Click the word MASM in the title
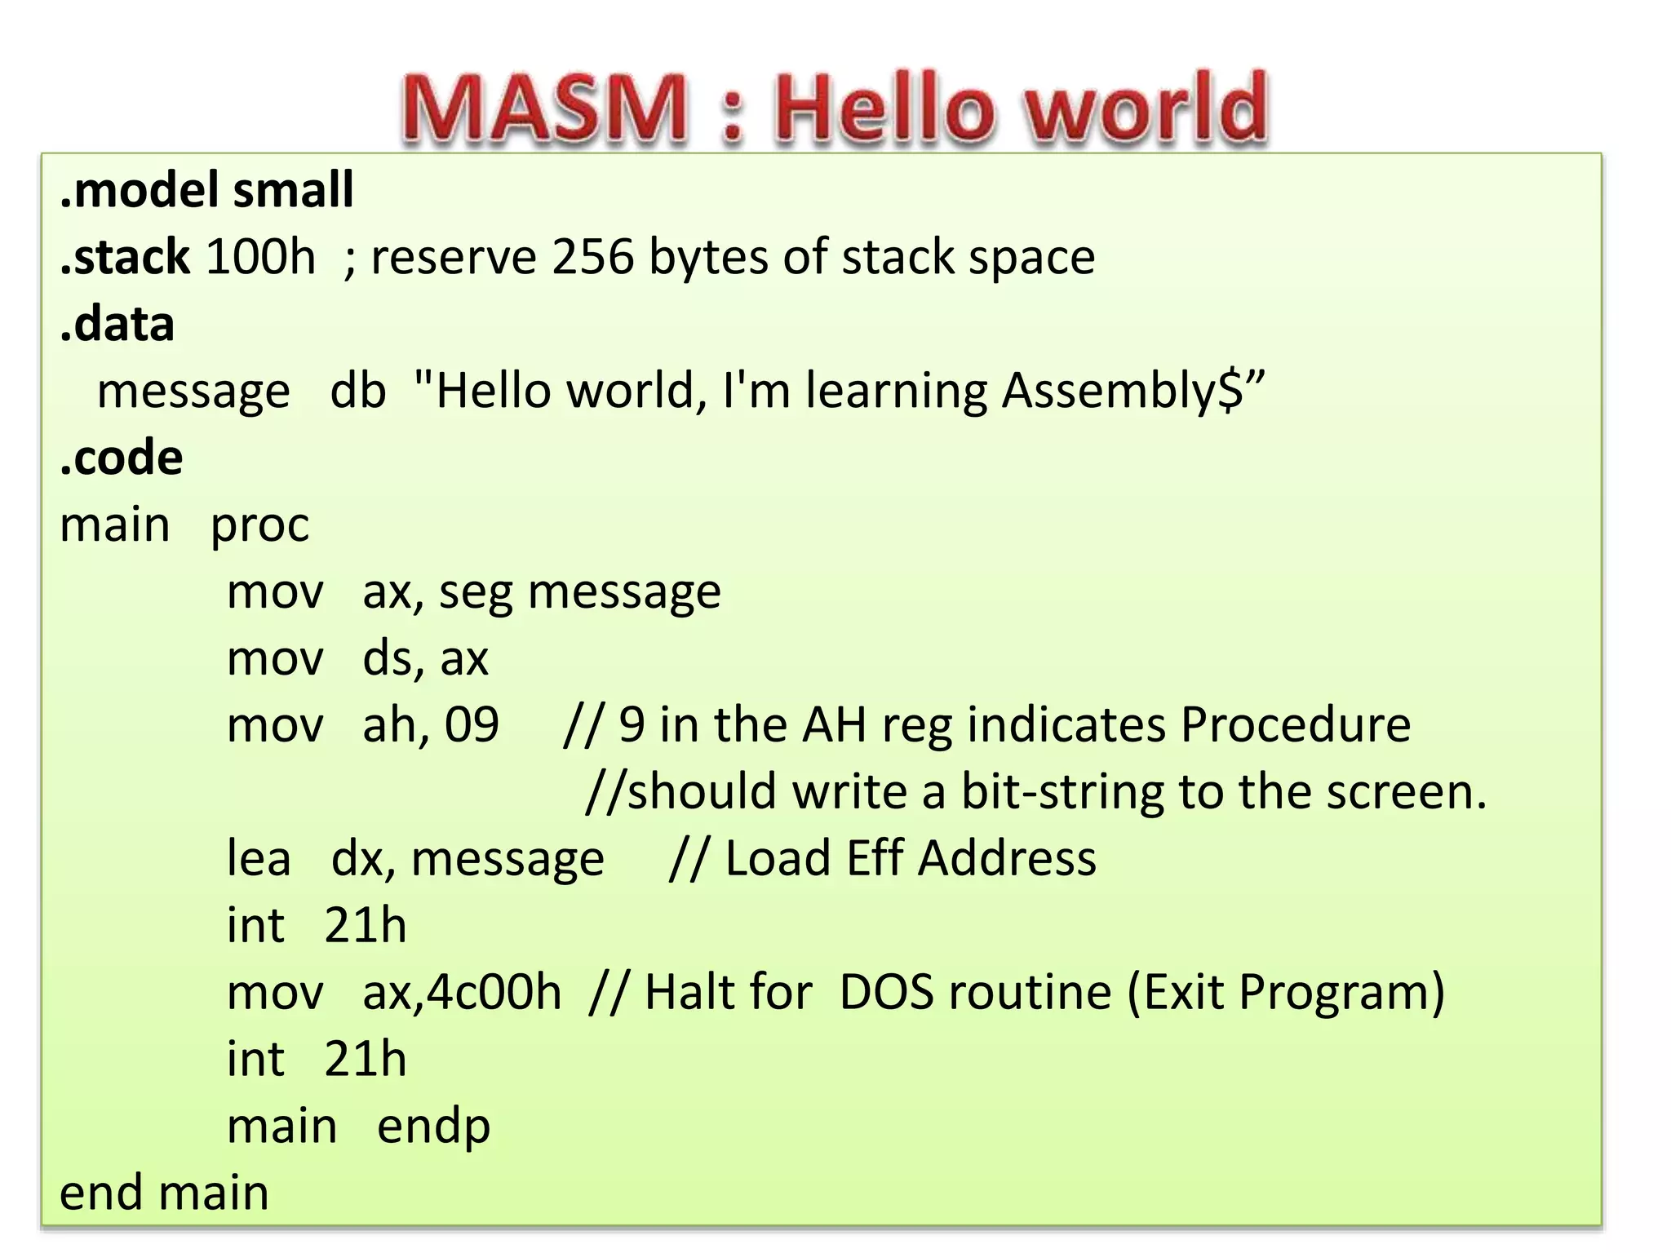544,108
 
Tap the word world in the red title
1146,108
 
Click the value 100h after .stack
260,257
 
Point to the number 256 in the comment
593,257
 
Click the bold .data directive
117,324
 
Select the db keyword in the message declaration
357,390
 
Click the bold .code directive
122,457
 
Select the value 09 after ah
472,724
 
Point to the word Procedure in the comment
1295,724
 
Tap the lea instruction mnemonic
259,858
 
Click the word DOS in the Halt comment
886,993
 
